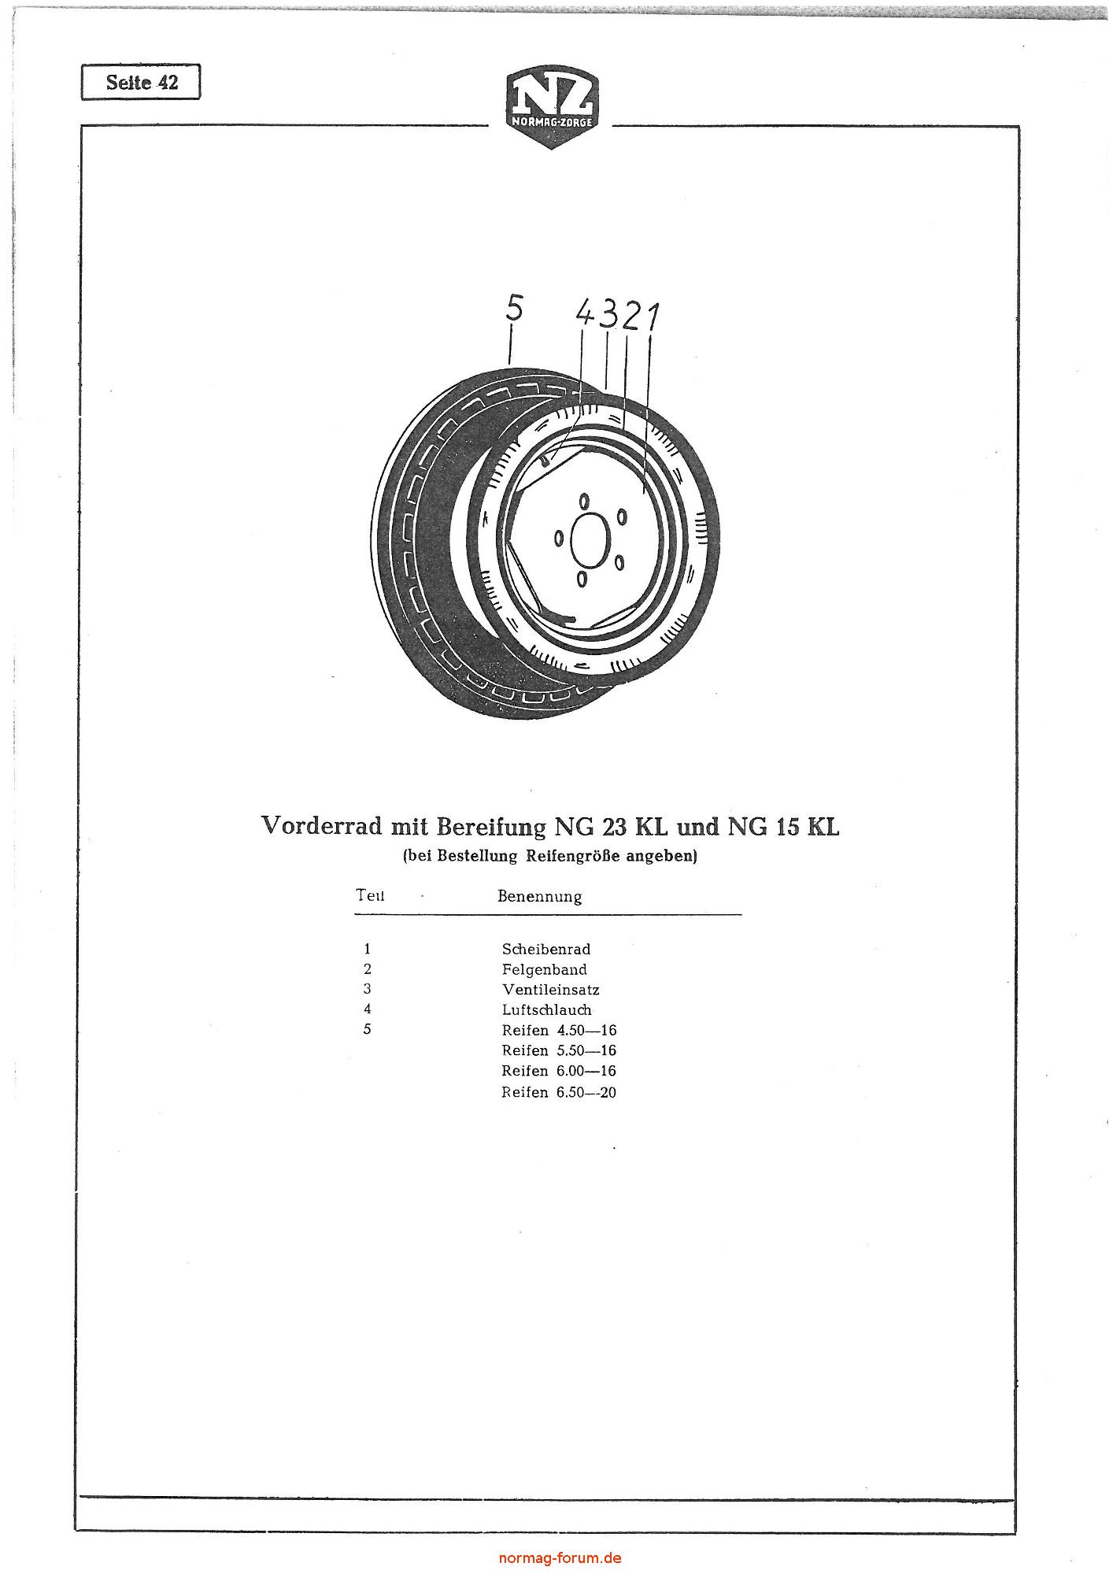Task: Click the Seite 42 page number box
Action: coord(141,82)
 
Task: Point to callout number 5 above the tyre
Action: coord(514,308)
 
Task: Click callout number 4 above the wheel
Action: coord(586,313)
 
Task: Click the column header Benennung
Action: coord(540,897)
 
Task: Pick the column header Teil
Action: coord(370,895)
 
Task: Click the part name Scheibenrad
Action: coord(546,950)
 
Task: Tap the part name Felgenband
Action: coord(545,970)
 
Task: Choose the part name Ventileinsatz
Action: coord(551,990)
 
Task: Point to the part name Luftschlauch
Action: coord(547,1010)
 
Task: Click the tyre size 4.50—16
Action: coord(586,1031)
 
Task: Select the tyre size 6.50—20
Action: coord(586,1093)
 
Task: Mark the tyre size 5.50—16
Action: coord(586,1051)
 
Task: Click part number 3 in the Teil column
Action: coord(367,990)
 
